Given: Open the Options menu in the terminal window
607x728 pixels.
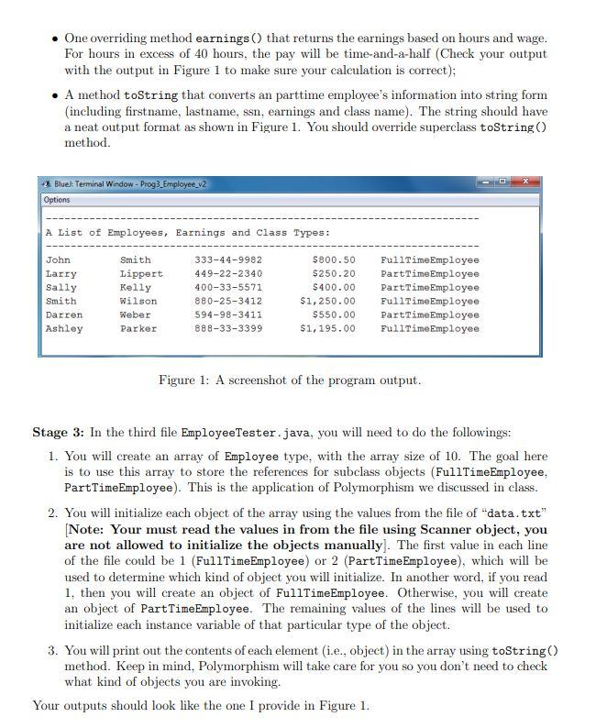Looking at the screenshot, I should pyautogui.click(x=57, y=199).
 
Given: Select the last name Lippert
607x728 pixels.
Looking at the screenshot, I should pyautogui.click(x=141, y=274).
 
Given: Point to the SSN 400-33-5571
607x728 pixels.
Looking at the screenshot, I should pyautogui.click(x=228, y=288).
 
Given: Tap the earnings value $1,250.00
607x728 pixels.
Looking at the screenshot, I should pyautogui.click(x=327, y=302).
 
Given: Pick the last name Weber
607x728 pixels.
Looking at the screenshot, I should pyautogui.click(x=136, y=315).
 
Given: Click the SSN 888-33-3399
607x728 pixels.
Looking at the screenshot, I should pyautogui.click(x=228, y=329).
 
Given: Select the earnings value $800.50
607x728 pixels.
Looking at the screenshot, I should pyautogui.click(x=334, y=260).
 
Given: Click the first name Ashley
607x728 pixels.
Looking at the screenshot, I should pyautogui.click(x=63, y=329).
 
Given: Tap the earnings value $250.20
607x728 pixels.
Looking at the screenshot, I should pyautogui.click(x=334, y=274).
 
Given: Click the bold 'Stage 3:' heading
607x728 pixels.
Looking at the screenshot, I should pyautogui.click(x=60, y=432).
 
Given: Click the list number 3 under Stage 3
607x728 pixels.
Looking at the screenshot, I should pyautogui.click(x=51, y=651).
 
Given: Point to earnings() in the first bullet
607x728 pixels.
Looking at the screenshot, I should pyautogui.click(x=229, y=39).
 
